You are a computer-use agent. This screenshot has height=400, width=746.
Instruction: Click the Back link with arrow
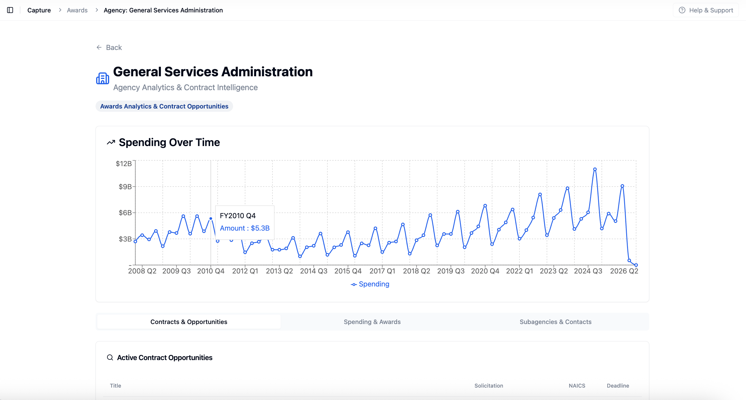[x=109, y=48]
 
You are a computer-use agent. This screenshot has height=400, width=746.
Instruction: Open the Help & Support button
[x=705, y=10]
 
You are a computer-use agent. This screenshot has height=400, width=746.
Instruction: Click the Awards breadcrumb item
[x=77, y=10]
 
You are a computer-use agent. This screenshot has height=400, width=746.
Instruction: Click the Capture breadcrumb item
[x=39, y=10]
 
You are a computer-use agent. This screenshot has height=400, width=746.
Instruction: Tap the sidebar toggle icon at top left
[x=10, y=10]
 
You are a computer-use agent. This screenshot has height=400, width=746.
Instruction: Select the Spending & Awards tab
[x=372, y=322]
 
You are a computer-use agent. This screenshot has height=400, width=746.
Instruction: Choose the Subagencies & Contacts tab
[x=555, y=322]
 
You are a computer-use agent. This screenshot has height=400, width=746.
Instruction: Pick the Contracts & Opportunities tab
[x=189, y=322]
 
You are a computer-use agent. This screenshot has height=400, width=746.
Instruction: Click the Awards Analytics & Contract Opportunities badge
[x=164, y=106]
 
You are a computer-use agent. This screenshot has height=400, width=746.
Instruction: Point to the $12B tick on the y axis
[x=124, y=164]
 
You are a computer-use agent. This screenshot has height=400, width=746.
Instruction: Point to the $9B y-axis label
[x=125, y=187]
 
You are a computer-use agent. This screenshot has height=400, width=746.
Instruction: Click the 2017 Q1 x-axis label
[x=382, y=271]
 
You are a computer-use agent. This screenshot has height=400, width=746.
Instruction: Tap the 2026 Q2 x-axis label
[x=624, y=271]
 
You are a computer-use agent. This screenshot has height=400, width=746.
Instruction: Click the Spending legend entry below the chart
[x=370, y=284]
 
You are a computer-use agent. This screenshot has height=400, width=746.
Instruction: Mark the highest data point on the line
[x=595, y=169]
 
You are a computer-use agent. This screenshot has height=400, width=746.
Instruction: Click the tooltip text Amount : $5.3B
[x=245, y=228]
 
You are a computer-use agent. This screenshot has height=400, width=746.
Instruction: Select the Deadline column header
[x=618, y=386]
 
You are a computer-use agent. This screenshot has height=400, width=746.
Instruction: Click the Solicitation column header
[x=489, y=386]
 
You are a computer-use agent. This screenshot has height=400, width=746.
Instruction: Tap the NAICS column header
[x=577, y=386]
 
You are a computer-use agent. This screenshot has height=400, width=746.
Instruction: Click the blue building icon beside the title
[x=103, y=79]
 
